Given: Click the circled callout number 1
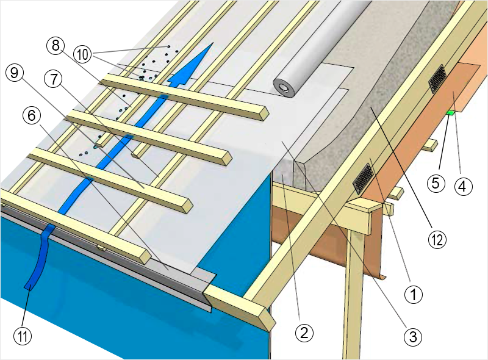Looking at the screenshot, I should point(415,295).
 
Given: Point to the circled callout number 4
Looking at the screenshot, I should point(462,186).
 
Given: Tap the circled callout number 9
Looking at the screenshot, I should point(14,73).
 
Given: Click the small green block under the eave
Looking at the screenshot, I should point(450,112).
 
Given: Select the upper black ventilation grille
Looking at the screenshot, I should point(438,79).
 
